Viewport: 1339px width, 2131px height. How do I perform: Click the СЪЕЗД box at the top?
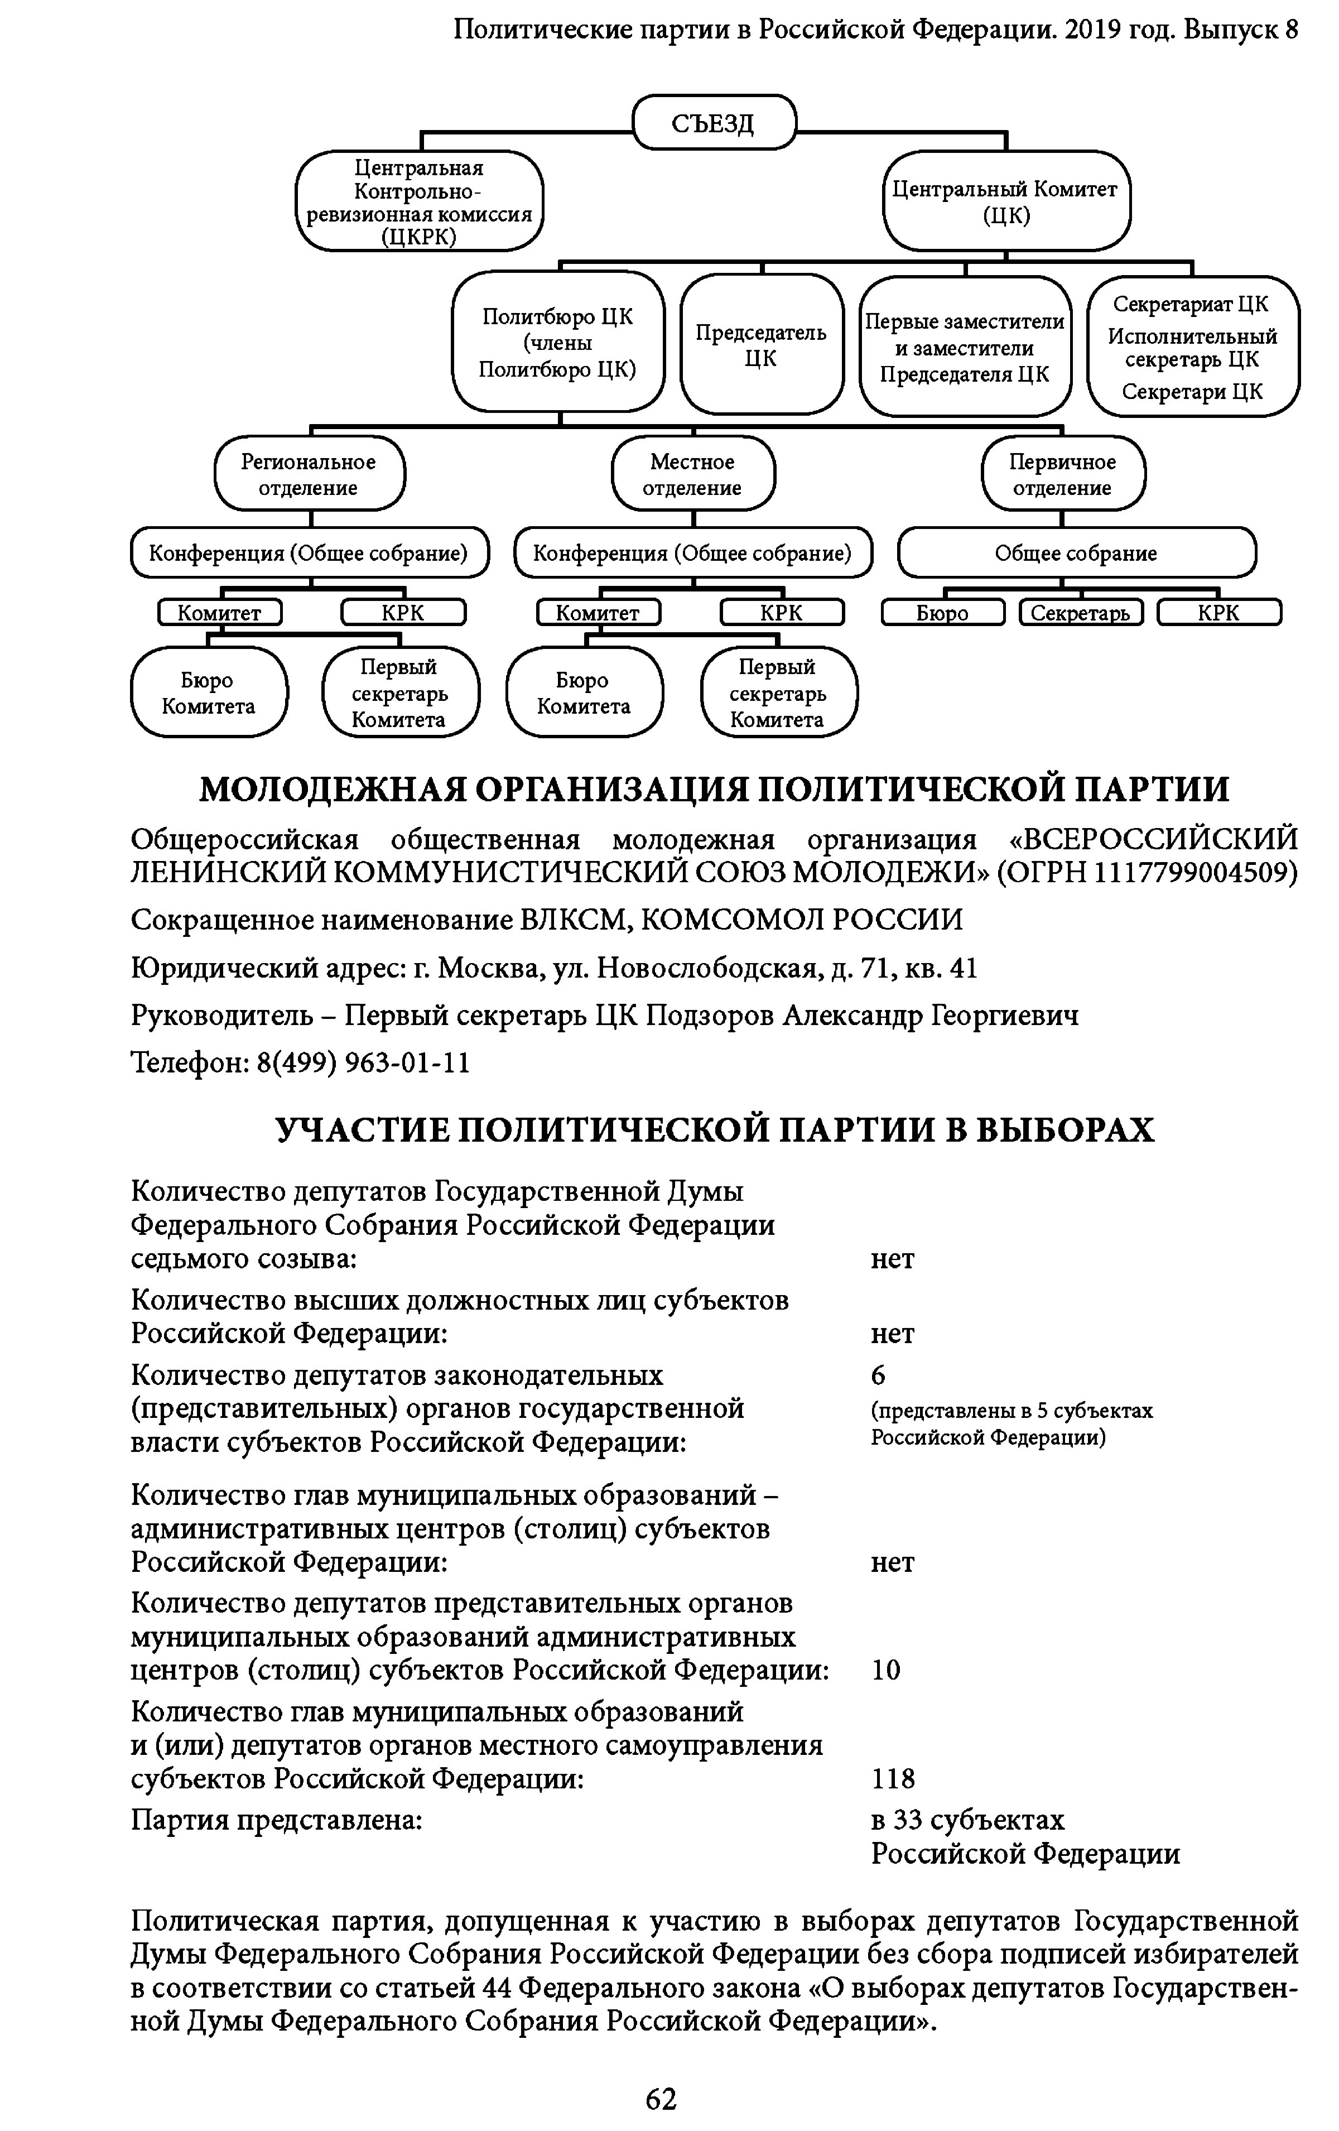(x=714, y=122)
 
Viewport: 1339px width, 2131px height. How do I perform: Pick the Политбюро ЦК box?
(x=557, y=343)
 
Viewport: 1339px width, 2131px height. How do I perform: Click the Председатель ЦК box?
(x=761, y=344)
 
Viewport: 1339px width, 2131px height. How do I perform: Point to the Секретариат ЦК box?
(x=1192, y=346)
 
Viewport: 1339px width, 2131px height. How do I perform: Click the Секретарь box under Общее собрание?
(x=1081, y=613)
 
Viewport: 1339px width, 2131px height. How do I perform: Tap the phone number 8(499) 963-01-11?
(x=363, y=1062)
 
